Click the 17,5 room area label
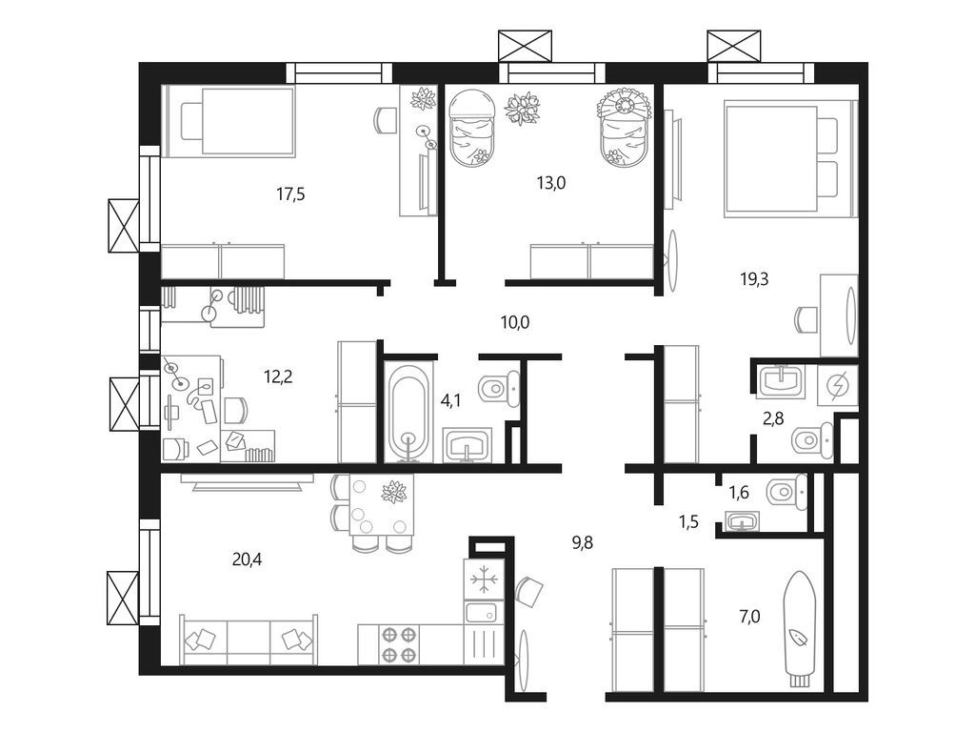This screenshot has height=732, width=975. pos(290,194)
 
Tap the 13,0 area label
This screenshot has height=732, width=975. pos(551,183)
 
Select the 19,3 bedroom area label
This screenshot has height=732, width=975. pos(754,279)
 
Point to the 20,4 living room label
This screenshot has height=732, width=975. pos(247,559)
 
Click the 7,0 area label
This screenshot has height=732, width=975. pos(750,617)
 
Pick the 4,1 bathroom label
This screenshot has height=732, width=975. pos(450,401)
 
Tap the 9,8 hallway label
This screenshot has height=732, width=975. pos(582,542)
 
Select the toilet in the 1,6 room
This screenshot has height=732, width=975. pos(786,493)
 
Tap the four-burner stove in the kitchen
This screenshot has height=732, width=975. pos(399,644)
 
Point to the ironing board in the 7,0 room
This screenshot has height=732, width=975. pos(799,630)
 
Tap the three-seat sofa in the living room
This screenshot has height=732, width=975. pos(249,640)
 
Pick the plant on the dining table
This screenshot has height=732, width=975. pos(393,491)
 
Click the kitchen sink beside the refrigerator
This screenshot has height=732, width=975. pos(482,613)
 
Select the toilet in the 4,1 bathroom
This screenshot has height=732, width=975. pos(499,390)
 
